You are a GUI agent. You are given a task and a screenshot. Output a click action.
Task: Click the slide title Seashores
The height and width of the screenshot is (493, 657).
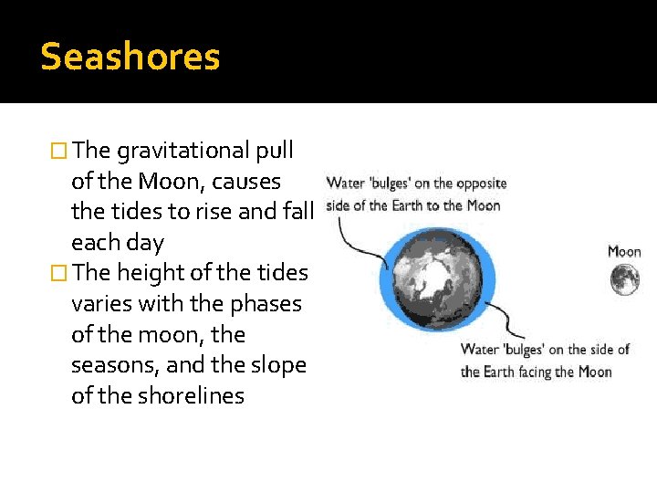click(130, 58)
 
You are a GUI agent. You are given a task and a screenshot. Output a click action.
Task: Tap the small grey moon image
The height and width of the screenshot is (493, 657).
click(625, 278)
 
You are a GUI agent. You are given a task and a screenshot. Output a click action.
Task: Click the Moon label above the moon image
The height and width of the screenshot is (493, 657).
click(625, 251)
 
